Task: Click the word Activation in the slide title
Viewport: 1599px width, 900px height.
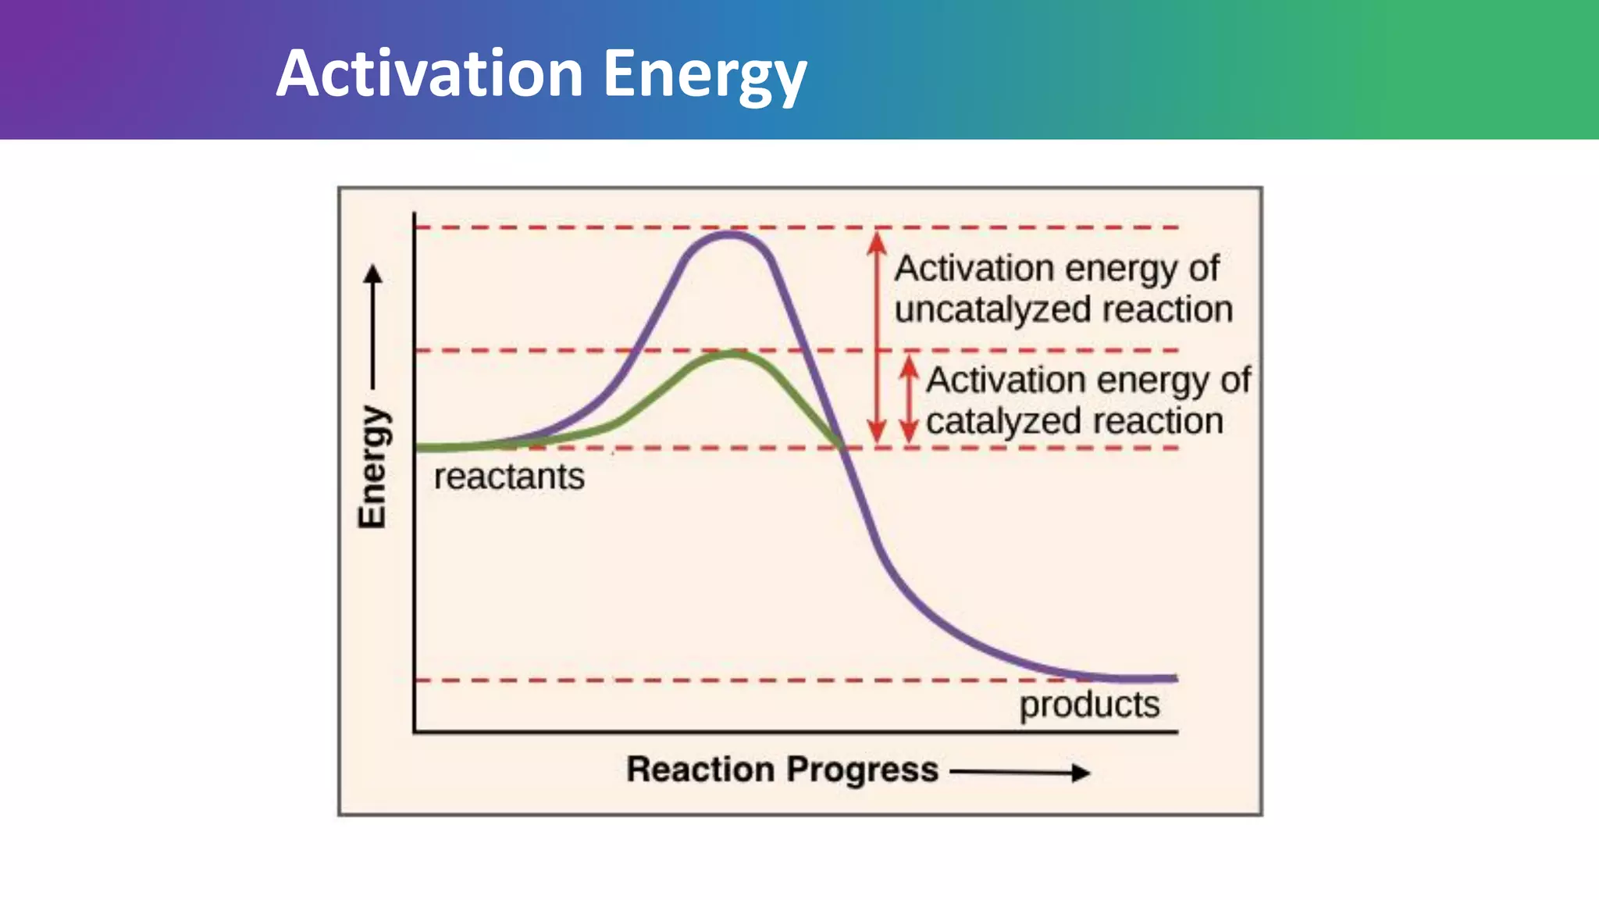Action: click(x=429, y=73)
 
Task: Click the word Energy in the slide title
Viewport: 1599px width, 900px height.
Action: click(x=704, y=73)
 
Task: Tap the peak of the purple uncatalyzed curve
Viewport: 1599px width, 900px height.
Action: click(x=730, y=234)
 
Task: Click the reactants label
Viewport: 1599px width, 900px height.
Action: click(x=509, y=477)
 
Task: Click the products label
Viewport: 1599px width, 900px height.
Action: click(x=1089, y=705)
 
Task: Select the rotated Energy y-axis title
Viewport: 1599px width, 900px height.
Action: click(x=372, y=467)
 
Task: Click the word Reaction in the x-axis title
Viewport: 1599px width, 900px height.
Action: click(x=700, y=770)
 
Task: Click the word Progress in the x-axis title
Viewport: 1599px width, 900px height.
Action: click(x=862, y=770)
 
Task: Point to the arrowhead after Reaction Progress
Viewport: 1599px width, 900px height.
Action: click(x=1081, y=773)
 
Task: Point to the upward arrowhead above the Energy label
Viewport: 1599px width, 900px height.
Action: click(x=373, y=274)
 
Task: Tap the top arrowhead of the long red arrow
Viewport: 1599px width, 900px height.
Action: click(x=877, y=241)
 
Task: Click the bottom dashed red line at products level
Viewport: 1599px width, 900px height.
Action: click(x=703, y=680)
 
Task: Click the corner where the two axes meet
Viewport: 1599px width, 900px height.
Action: click(x=414, y=732)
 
